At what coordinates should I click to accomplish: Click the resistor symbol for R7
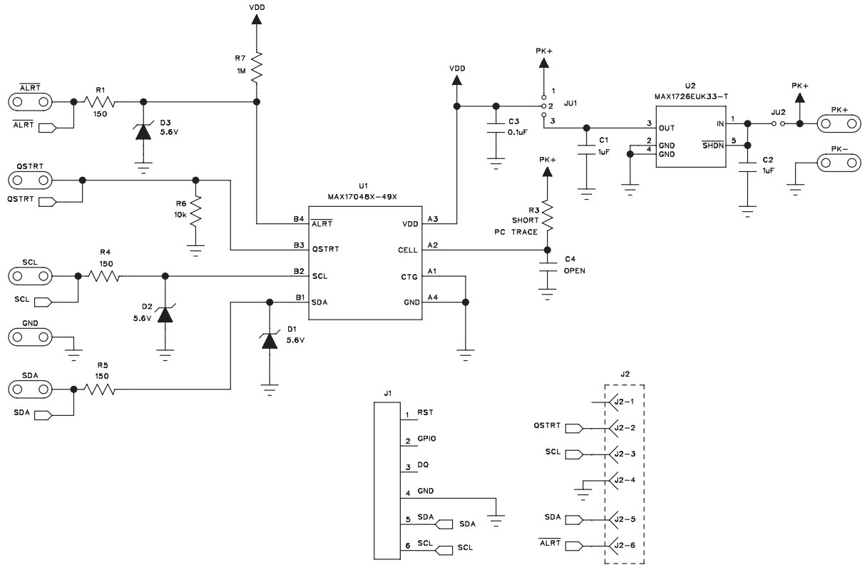pyautogui.click(x=257, y=66)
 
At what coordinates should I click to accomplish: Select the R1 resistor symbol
pyautogui.click(x=100, y=102)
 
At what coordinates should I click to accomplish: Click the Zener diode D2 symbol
pyautogui.click(x=165, y=313)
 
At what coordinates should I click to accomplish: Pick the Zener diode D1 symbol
pyautogui.click(x=269, y=340)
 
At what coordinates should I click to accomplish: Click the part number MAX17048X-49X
pyautogui.click(x=364, y=196)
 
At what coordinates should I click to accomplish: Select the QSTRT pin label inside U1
pyautogui.click(x=326, y=250)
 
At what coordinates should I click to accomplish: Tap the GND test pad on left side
pyautogui.click(x=30, y=336)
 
